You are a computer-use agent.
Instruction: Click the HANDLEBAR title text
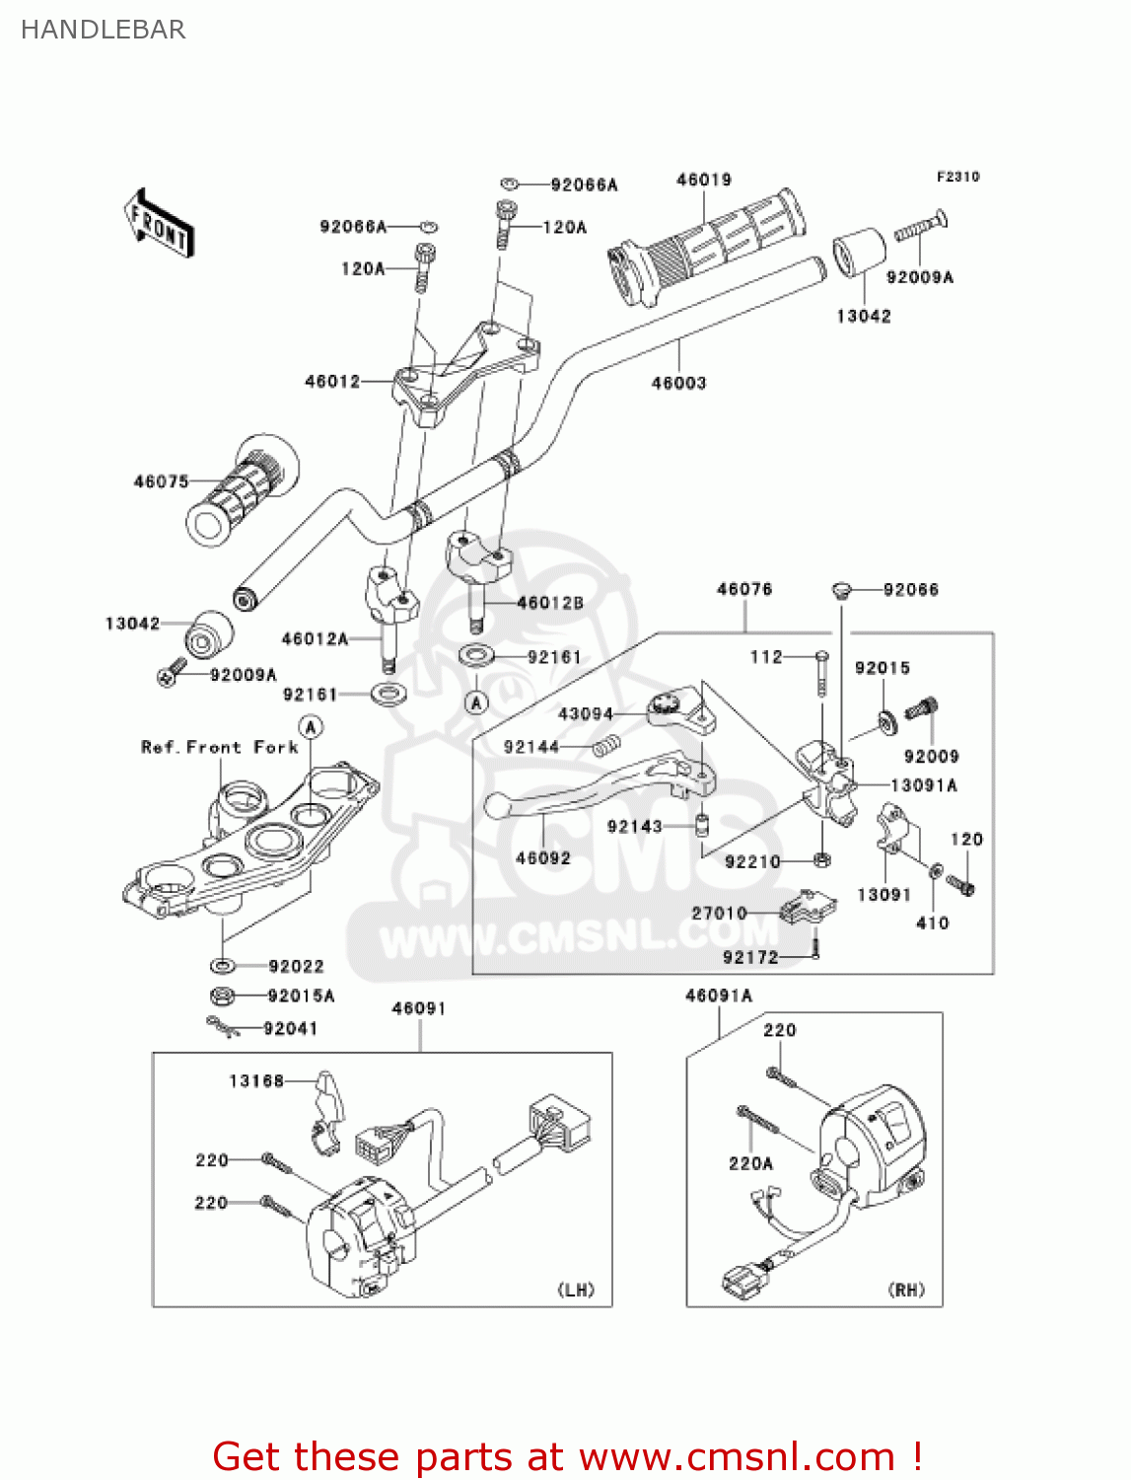pos(103,30)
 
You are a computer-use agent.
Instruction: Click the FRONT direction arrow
pos(158,225)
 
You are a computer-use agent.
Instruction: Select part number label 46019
pos(703,180)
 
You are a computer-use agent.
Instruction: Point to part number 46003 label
pos(678,383)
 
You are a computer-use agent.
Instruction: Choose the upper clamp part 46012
pos(463,370)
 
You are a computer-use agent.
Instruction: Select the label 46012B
pos(549,603)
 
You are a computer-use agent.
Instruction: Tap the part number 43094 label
pos(585,713)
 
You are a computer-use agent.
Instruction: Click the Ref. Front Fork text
pos(219,747)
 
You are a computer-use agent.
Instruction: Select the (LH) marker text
pos(576,1290)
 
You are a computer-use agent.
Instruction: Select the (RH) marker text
pos(906,1290)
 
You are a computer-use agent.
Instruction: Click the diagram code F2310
pos(957,177)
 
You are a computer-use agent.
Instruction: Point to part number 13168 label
pos(256,1080)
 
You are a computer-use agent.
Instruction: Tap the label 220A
pos(750,1163)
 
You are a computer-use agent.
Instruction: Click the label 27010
pos(719,913)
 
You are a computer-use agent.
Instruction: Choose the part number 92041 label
pos(290,1028)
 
